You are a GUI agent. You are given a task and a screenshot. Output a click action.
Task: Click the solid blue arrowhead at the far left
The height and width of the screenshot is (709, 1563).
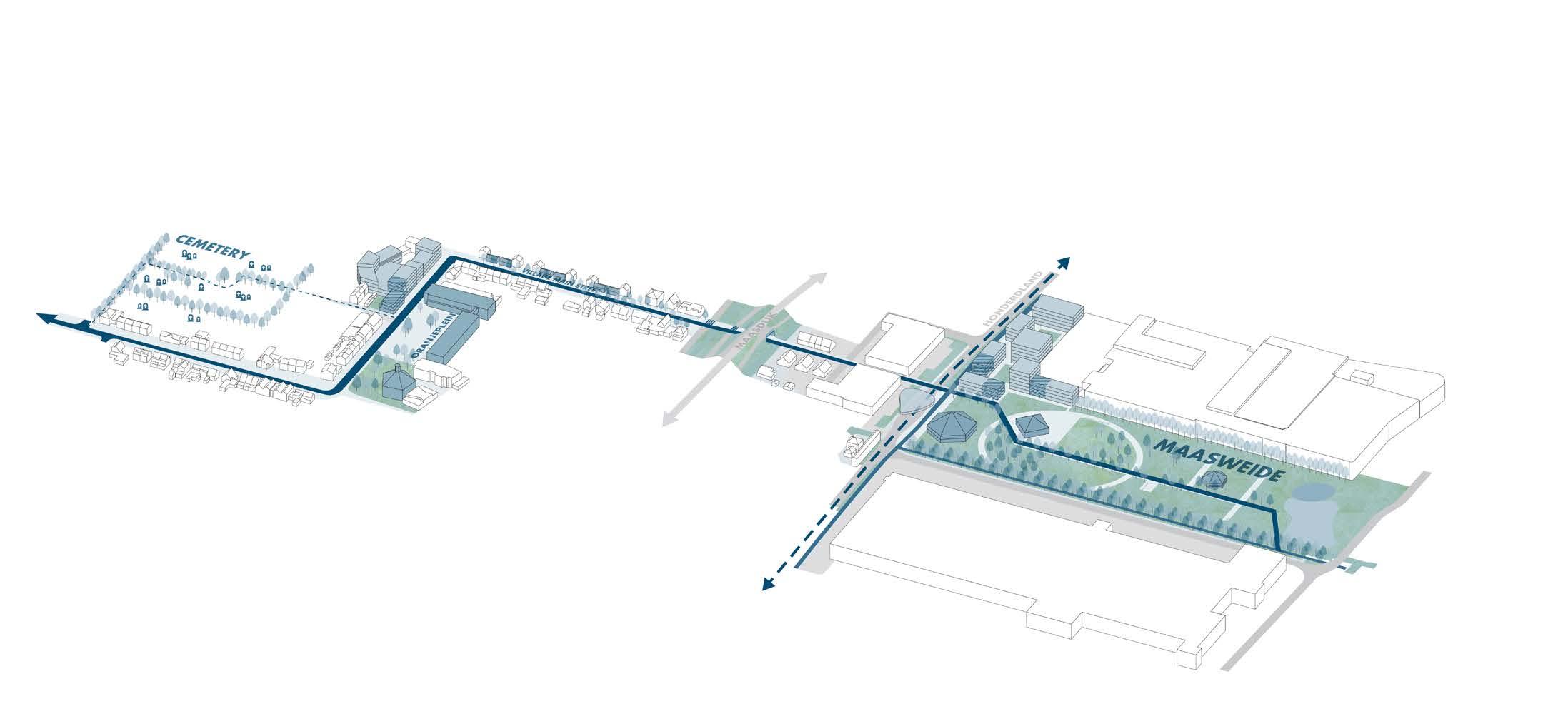[46, 318]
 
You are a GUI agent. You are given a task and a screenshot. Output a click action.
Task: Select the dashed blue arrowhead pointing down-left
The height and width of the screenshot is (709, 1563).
[768, 584]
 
